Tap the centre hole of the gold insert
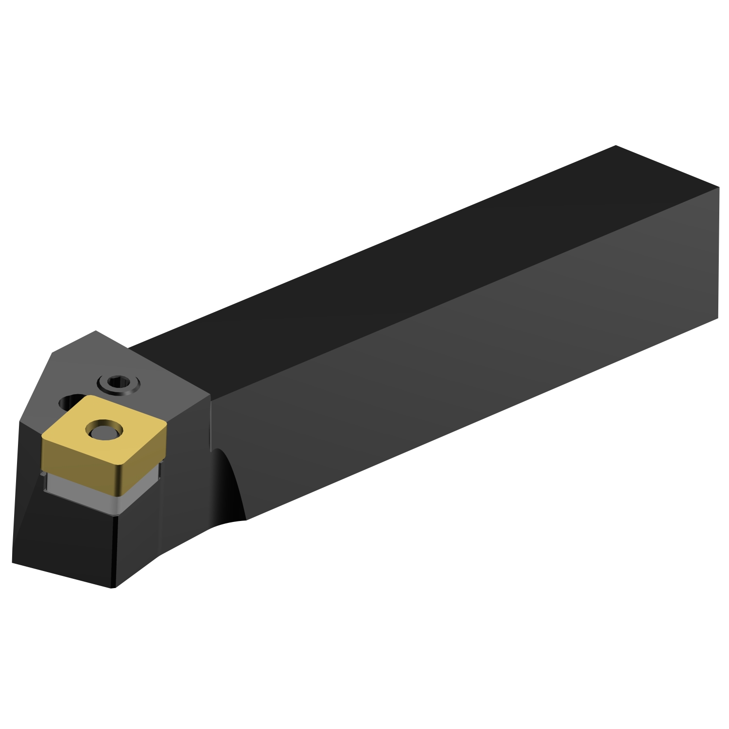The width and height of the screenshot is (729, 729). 104,430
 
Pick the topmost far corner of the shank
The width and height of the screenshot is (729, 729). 616,145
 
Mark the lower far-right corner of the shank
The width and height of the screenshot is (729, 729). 718,318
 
